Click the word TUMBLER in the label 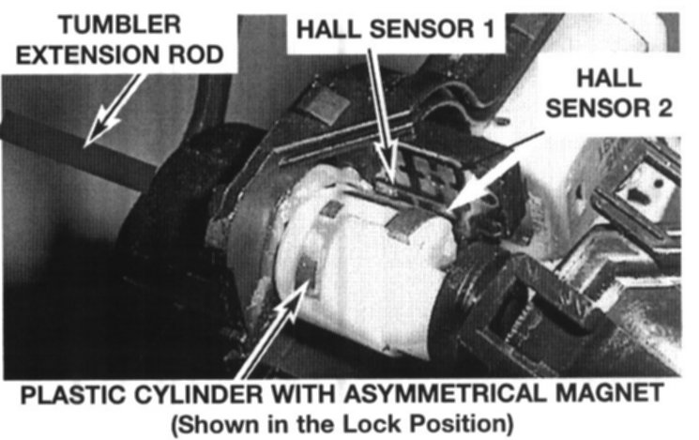point(120,24)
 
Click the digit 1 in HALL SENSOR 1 point(489,29)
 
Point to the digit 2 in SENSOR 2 point(663,108)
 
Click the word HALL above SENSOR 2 point(609,79)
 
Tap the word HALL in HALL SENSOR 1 point(329,29)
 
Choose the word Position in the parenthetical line point(462,423)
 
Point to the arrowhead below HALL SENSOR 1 point(387,165)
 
